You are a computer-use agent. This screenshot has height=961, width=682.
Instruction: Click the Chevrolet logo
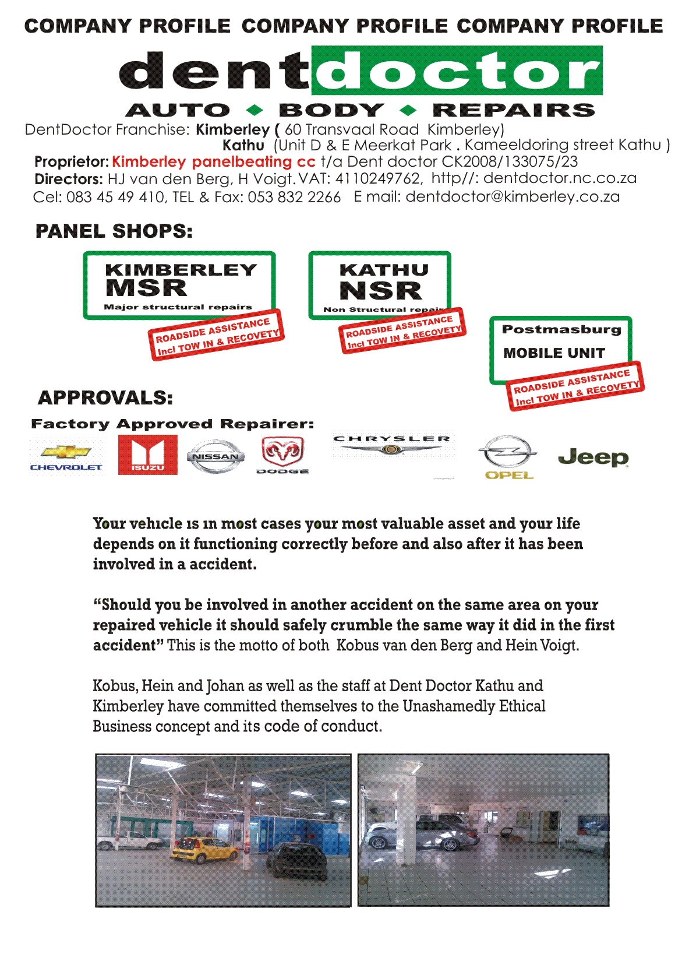(x=66, y=456)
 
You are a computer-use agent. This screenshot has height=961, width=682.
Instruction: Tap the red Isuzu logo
(x=147, y=455)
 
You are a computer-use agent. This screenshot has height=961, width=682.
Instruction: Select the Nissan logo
(x=215, y=456)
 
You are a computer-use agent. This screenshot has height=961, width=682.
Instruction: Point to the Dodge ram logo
(x=282, y=454)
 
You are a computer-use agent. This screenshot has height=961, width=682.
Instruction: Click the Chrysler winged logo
(x=391, y=446)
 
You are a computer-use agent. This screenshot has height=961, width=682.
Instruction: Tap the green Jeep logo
(x=593, y=457)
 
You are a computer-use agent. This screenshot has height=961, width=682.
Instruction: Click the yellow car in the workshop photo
(x=205, y=849)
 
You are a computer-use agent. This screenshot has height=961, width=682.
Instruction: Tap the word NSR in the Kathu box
(x=380, y=290)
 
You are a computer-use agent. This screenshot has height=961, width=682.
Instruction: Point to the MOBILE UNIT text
(x=554, y=353)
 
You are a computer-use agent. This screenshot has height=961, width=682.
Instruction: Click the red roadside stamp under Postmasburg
(x=576, y=386)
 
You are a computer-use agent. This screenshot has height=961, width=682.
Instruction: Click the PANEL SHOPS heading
(x=114, y=231)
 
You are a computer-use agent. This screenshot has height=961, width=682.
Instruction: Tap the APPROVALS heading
(x=105, y=398)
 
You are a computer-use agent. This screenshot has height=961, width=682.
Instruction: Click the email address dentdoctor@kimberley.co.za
(x=513, y=197)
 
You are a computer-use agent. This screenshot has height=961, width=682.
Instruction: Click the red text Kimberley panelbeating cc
(x=213, y=162)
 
